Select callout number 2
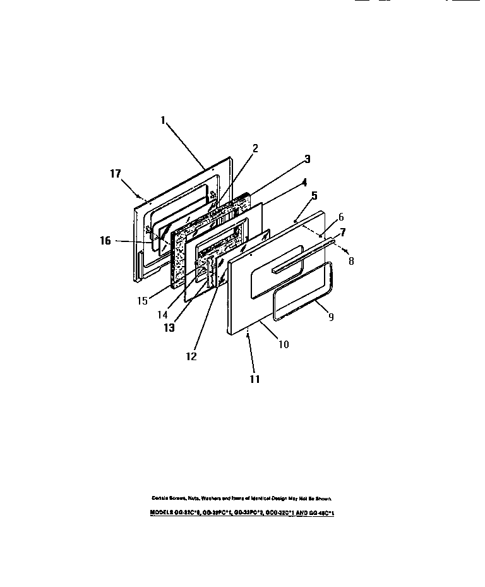pos(255,149)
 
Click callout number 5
pos(314,197)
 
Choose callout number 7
pos(344,232)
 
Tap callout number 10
pos(284,344)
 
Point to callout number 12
pos(191,356)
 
